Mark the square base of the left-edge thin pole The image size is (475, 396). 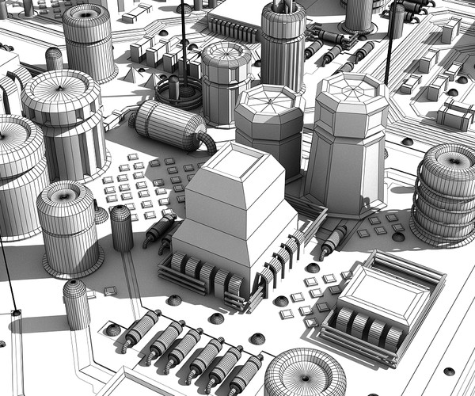(15, 314)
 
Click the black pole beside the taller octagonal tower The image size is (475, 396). (390, 44)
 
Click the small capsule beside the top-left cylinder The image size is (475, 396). (54, 59)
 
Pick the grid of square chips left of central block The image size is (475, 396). (142, 186)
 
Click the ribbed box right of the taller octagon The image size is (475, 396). (455, 116)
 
